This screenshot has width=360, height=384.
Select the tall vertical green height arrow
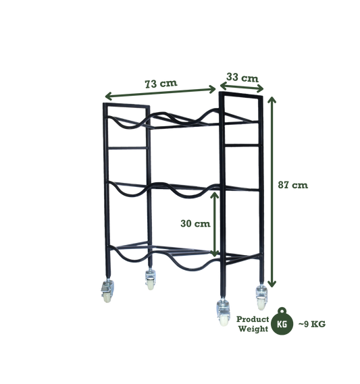pyautogui.click(x=274, y=189)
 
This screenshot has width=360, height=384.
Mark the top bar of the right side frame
pyautogui.click(x=240, y=94)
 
